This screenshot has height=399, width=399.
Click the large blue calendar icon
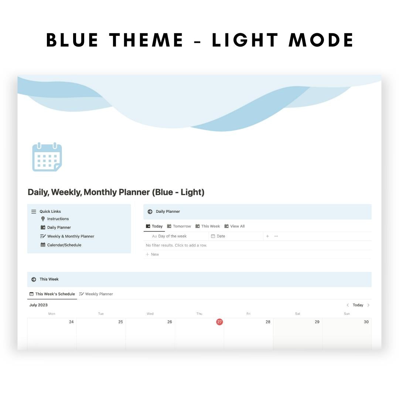point(47,157)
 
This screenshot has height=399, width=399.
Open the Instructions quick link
point(58,219)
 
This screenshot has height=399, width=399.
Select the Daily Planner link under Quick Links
point(59,228)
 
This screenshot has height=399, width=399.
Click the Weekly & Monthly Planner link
point(71,236)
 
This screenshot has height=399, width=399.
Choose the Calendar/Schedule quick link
point(64,245)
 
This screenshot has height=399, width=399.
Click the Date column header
point(221,236)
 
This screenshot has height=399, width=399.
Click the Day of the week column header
point(172,236)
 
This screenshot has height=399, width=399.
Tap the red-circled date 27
point(219,322)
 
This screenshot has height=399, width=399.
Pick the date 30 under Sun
point(366,322)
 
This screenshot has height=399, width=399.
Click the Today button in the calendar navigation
point(358,305)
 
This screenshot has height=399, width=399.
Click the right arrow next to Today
point(368,305)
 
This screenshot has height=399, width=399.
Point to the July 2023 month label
point(38,305)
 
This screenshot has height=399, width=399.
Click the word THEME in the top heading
point(146,40)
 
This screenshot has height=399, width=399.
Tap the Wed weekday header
point(150,314)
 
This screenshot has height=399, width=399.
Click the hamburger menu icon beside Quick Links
point(34,212)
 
